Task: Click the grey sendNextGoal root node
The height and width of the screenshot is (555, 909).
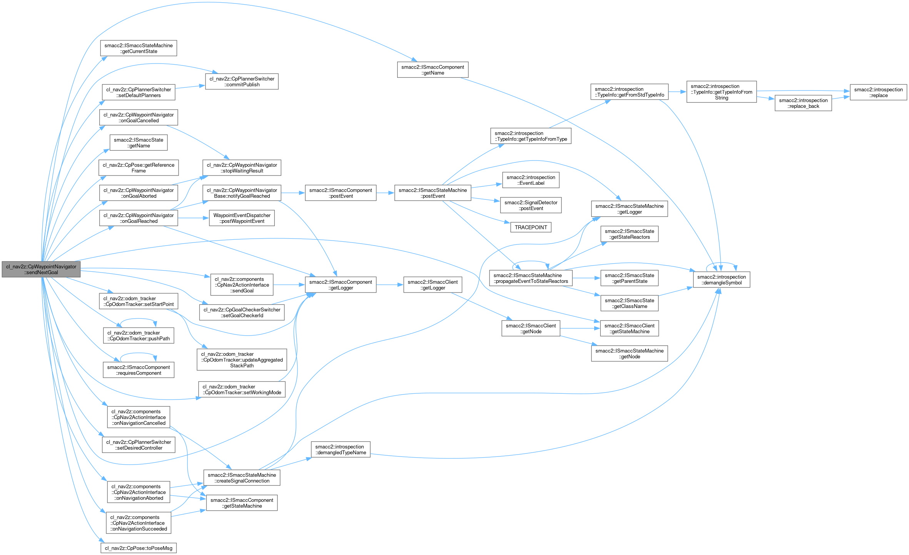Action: pyautogui.click(x=41, y=269)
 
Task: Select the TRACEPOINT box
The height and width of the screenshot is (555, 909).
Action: pyautogui.click(x=531, y=227)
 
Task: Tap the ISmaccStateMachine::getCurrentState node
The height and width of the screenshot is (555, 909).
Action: pyautogui.click(x=139, y=48)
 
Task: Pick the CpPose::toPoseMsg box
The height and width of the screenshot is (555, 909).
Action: pyautogui.click(x=139, y=548)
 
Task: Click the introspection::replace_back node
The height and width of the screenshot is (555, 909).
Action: pyautogui.click(x=803, y=104)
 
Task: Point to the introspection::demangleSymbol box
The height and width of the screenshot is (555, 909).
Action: pyautogui.click(x=721, y=280)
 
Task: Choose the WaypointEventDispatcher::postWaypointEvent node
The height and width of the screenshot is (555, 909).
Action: pyautogui.click(x=242, y=218)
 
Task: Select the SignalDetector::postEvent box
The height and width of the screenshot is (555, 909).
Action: pyautogui.click(x=531, y=206)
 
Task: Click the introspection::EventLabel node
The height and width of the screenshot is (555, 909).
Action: pyautogui.click(x=531, y=180)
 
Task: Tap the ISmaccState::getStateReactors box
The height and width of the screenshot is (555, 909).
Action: pyautogui.click(x=629, y=234)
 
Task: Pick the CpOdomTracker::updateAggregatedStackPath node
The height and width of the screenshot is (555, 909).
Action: pyautogui.click(x=242, y=360)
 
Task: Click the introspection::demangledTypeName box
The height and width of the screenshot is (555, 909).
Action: pyautogui.click(x=341, y=450)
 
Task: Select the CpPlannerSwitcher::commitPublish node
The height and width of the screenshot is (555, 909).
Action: pyautogui.click(x=242, y=82)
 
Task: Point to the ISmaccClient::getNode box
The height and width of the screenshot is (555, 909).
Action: pyautogui.click(x=531, y=329)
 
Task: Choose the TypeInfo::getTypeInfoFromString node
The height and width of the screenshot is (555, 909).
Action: pyautogui.click(x=721, y=92)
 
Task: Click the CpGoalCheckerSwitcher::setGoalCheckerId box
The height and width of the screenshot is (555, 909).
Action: pyautogui.click(x=242, y=313)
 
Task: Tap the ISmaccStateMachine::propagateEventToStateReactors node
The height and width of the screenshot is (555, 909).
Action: pyautogui.click(x=531, y=278)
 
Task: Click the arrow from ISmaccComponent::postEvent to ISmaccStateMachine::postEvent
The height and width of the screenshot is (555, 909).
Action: pyautogui.click(x=385, y=193)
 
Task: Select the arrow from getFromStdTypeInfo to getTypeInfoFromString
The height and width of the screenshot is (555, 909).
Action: pyautogui.click(x=677, y=92)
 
